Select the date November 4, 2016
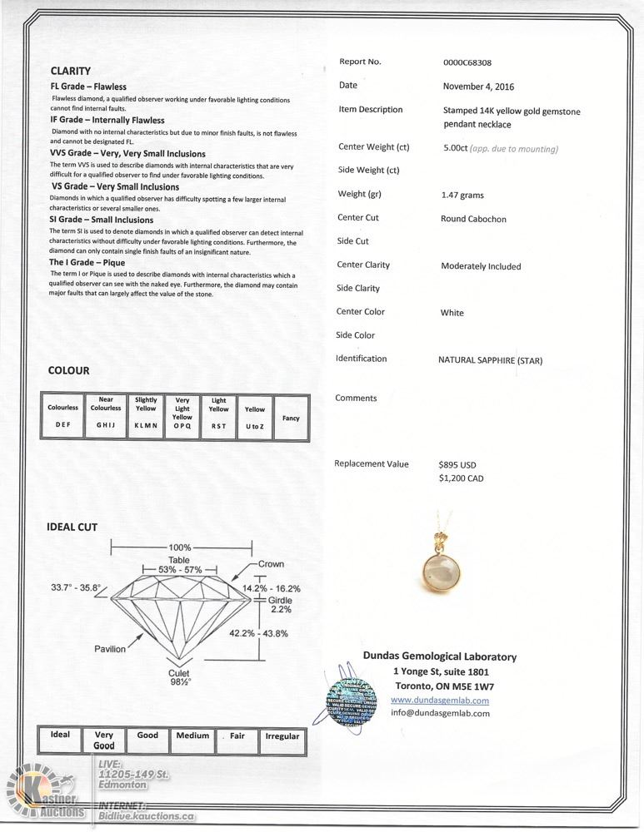tap(478, 86)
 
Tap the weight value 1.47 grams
tap(462, 196)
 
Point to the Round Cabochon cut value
tap(473, 219)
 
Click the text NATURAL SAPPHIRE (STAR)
tap(490, 360)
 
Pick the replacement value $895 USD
tap(457, 465)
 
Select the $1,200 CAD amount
tap(461, 478)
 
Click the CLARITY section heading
tap(71, 71)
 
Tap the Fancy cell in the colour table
tap(291, 418)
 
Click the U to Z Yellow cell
tap(255, 417)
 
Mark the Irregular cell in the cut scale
tap(282, 737)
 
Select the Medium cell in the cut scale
tap(192, 736)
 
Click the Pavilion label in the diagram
tap(109, 649)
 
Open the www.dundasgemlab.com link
tap(440, 701)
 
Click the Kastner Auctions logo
tap(45, 795)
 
